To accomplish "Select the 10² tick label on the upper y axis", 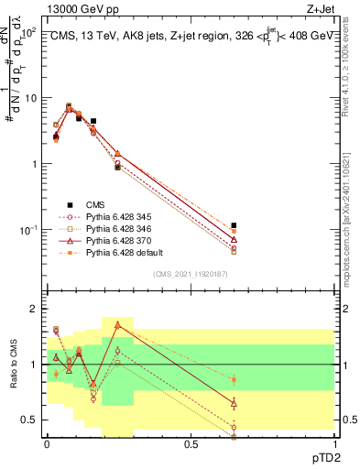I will click(x=27, y=32).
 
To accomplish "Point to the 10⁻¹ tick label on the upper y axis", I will click(x=27, y=230).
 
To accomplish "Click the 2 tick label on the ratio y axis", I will click(x=33, y=310).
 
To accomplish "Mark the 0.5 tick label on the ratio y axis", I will click(x=30, y=420).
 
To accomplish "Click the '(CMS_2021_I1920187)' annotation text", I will click(x=190, y=274).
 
